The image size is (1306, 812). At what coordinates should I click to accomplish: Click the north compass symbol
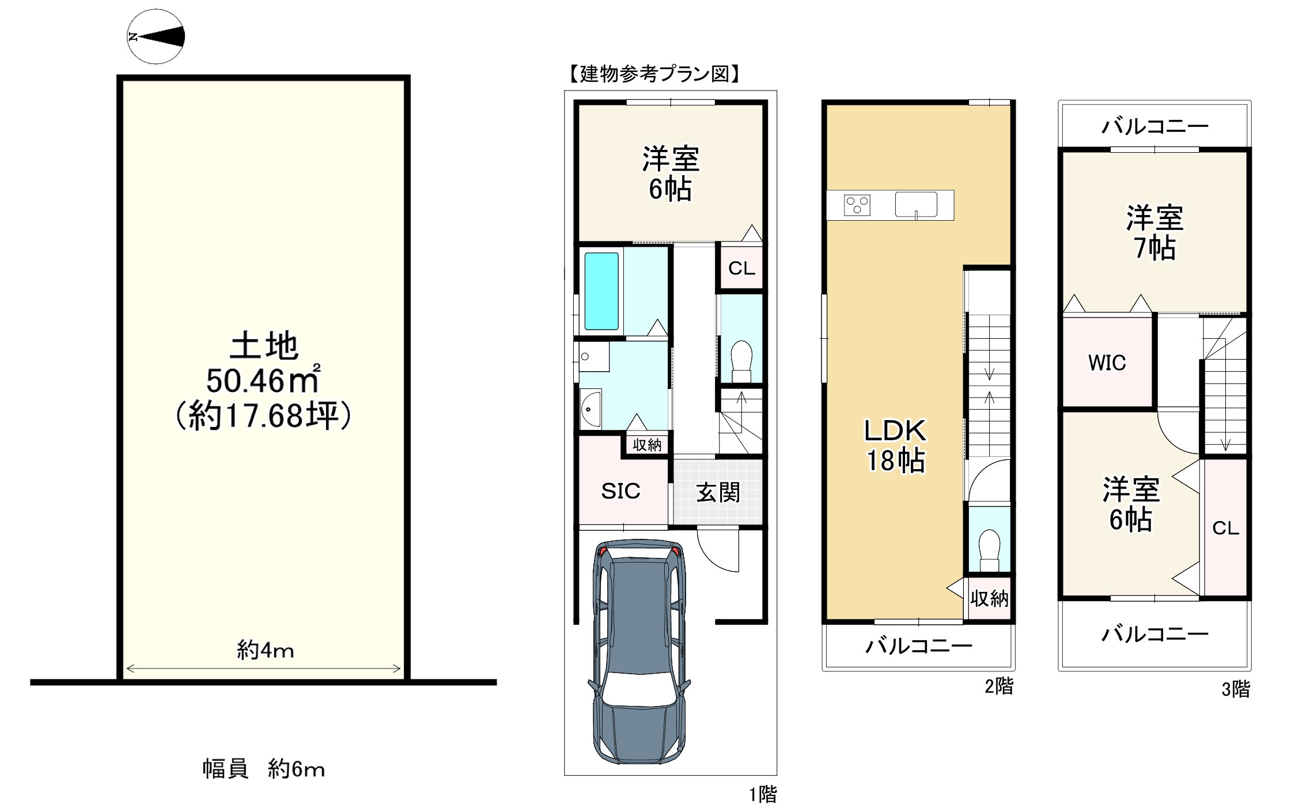click(156, 37)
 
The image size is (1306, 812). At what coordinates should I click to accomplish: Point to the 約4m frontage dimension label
click(265, 651)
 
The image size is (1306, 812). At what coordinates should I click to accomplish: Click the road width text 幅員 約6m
click(263, 769)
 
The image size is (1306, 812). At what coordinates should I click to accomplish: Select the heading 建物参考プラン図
click(654, 74)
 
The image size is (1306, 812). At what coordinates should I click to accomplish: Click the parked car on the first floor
click(639, 651)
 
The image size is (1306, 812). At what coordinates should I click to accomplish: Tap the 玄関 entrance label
click(718, 493)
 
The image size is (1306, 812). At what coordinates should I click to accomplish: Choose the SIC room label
click(620, 491)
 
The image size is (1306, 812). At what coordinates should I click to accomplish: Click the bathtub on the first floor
click(601, 291)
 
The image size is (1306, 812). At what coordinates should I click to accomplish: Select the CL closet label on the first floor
click(741, 268)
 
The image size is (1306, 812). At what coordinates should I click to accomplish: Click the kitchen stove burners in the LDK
click(857, 205)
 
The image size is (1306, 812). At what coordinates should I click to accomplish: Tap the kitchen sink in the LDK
click(916, 205)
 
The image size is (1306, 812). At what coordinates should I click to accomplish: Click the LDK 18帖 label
click(895, 445)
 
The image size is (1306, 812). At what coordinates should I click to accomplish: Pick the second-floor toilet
click(989, 550)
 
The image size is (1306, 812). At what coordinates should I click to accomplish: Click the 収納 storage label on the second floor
click(989, 599)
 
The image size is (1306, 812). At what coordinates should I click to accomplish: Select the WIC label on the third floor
click(1107, 362)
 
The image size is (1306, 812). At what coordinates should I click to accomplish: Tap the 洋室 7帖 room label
click(1154, 233)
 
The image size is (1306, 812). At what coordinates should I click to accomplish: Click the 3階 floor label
click(1236, 689)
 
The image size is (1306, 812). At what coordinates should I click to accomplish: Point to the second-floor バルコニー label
click(919, 645)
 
